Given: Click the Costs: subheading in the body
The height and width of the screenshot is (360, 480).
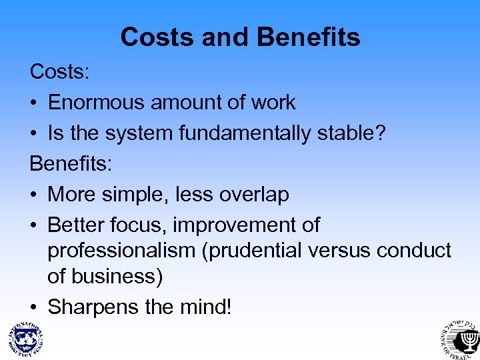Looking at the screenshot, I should point(59,71).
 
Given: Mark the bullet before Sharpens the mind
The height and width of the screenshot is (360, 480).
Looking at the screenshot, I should point(34,308).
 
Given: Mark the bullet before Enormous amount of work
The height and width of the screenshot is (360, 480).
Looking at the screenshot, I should point(34,103).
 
